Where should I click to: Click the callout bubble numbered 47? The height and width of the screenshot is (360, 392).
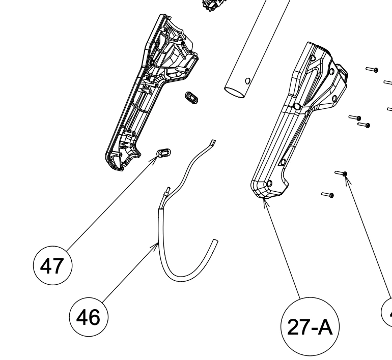click(x=52, y=266)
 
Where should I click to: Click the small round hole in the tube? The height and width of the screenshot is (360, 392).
click(x=247, y=80)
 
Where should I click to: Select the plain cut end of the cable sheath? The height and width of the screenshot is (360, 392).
click(x=216, y=241)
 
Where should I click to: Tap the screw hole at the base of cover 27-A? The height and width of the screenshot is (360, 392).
click(x=269, y=183)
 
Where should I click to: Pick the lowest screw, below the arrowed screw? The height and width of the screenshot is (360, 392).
click(x=327, y=194)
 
